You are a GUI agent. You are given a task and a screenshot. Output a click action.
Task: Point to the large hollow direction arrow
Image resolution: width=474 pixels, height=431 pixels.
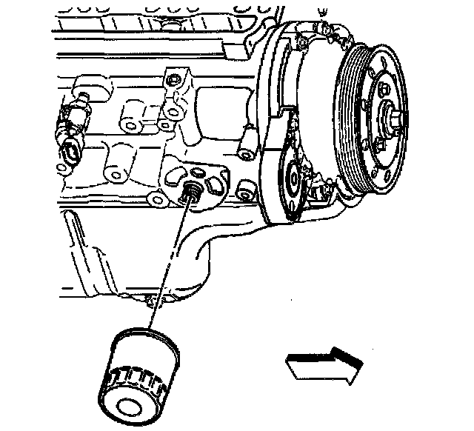(323, 364)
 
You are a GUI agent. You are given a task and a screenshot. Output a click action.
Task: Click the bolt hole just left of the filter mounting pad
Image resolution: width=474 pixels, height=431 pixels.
(155, 198)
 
